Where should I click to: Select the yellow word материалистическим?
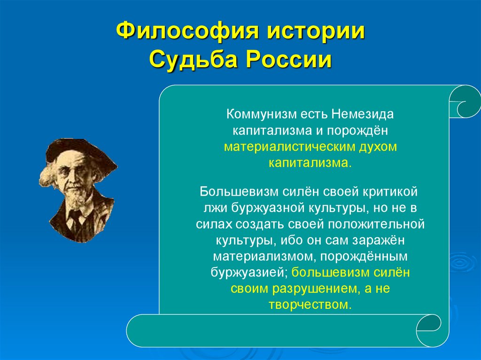tap(285, 147)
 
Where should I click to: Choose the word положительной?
tap(382, 224)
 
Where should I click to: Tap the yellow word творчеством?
tap(310, 305)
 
